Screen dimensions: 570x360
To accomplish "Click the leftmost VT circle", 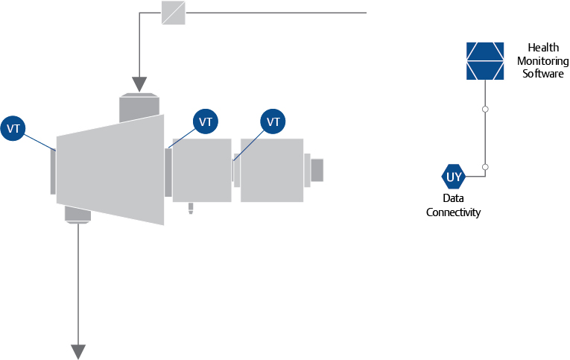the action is [13, 128].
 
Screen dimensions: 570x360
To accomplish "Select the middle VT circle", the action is [206, 121].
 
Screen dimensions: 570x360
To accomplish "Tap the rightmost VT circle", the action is [273, 121].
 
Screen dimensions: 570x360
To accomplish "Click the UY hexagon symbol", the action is [453, 177].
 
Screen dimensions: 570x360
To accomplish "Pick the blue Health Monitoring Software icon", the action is [485, 60].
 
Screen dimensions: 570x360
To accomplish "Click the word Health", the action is [543, 47].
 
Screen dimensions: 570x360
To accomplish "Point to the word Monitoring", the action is [543, 60].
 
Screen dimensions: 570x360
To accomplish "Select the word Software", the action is [543, 74].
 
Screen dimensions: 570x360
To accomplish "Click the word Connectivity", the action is [453, 212].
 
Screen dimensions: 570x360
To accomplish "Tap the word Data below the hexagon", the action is [453, 198].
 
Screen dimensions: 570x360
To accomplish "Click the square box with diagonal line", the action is [174, 13].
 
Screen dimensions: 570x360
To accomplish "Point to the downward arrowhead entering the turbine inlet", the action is [139, 84].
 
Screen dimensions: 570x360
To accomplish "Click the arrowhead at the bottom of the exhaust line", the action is [78, 352].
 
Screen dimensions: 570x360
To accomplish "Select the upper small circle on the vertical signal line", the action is [485, 109].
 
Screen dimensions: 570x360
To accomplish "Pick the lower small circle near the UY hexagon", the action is [485, 167].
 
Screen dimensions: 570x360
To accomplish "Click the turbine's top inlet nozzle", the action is [139, 107].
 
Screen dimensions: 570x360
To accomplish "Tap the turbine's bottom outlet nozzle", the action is [77, 215].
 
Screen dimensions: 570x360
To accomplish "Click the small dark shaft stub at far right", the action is [317, 170].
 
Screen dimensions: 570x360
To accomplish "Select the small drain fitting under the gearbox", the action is [191, 209].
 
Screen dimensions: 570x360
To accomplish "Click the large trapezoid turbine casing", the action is [110, 170].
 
